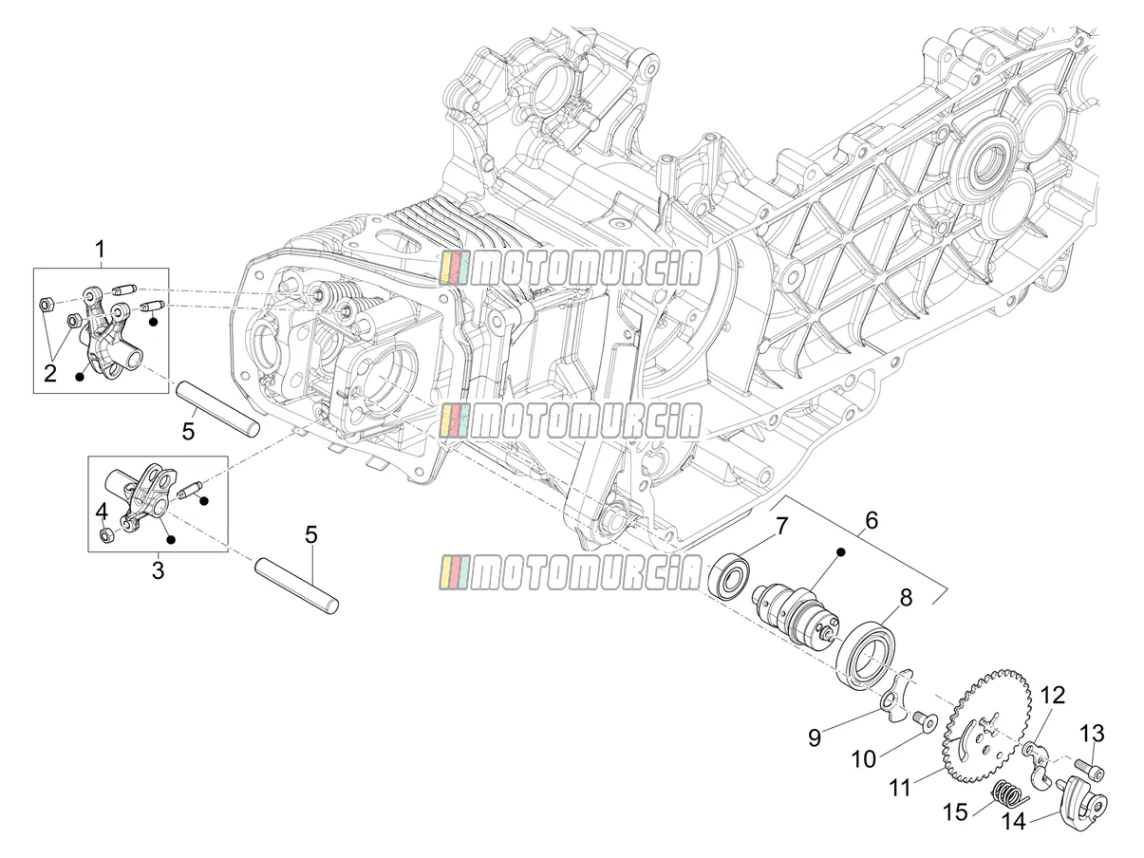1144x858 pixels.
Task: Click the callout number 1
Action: [x=100, y=250]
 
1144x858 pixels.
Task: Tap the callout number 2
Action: [x=50, y=373]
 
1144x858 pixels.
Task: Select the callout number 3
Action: [x=158, y=569]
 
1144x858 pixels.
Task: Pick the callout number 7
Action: [x=780, y=526]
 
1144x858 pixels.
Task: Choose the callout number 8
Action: [x=906, y=597]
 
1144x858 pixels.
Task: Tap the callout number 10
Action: [x=864, y=759]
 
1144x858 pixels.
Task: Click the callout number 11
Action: [x=900, y=787]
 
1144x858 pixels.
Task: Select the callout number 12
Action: [x=1052, y=695]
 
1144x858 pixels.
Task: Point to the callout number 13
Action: [x=1092, y=734]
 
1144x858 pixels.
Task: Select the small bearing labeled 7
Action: [x=728, y=576]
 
